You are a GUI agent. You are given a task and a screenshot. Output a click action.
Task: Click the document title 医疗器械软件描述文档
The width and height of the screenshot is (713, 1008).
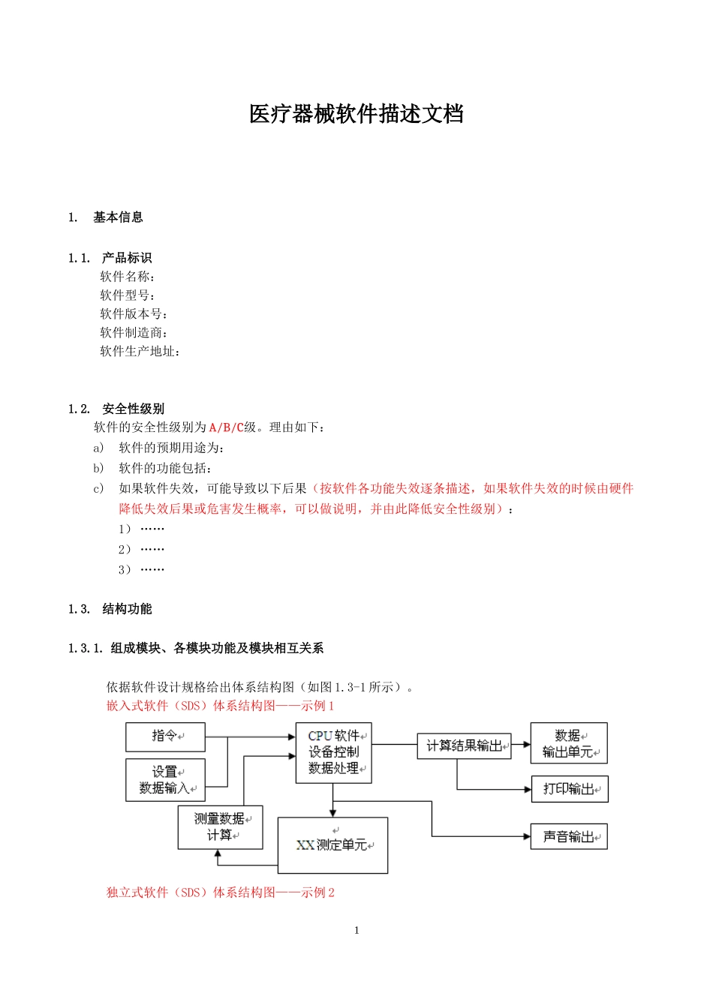click(356, 114)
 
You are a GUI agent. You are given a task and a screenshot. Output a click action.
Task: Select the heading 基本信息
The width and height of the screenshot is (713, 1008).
click(118, 217)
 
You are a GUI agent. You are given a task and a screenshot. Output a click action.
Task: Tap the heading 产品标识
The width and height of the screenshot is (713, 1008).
click(127, 258)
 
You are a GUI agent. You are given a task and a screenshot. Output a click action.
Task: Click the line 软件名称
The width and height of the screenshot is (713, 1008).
click(128, 277)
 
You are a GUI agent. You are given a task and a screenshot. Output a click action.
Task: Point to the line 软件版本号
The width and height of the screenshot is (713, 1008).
click(134, 314)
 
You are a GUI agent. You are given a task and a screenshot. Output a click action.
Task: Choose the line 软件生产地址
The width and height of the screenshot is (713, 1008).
click(140, 351)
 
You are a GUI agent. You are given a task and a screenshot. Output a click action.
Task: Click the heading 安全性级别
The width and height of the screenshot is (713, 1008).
click(133, 409)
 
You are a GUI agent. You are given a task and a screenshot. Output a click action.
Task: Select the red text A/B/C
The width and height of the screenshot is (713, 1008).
click(226, 427)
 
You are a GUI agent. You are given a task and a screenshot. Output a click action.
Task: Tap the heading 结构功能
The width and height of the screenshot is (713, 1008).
click(127, 609)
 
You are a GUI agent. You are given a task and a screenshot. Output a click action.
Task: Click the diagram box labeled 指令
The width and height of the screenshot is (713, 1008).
click(165, 736)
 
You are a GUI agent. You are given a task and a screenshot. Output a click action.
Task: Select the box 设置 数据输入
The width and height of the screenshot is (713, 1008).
click(165, 780)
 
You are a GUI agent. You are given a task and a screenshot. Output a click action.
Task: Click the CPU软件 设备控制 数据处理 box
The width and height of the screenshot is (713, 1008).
click(334, 752)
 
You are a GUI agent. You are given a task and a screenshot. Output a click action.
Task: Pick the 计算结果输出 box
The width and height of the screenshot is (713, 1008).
click(464, 746)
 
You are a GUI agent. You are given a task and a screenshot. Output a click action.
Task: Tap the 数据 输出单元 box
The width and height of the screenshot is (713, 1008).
click(569, 743)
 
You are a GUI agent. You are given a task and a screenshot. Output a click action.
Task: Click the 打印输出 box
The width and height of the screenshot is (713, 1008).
click(569, 789)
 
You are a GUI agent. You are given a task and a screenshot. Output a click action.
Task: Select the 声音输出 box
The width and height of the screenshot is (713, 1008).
click(569, 837)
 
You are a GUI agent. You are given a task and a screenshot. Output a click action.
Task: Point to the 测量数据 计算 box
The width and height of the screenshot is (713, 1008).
click(220, 827)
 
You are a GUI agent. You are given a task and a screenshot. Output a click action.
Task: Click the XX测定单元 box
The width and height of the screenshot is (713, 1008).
click(332, 845)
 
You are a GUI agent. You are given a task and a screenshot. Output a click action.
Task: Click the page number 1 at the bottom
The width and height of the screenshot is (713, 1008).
click(356, 930)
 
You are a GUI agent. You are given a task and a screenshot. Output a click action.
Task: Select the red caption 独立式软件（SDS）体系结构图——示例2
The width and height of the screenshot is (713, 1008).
click(221, 892)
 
